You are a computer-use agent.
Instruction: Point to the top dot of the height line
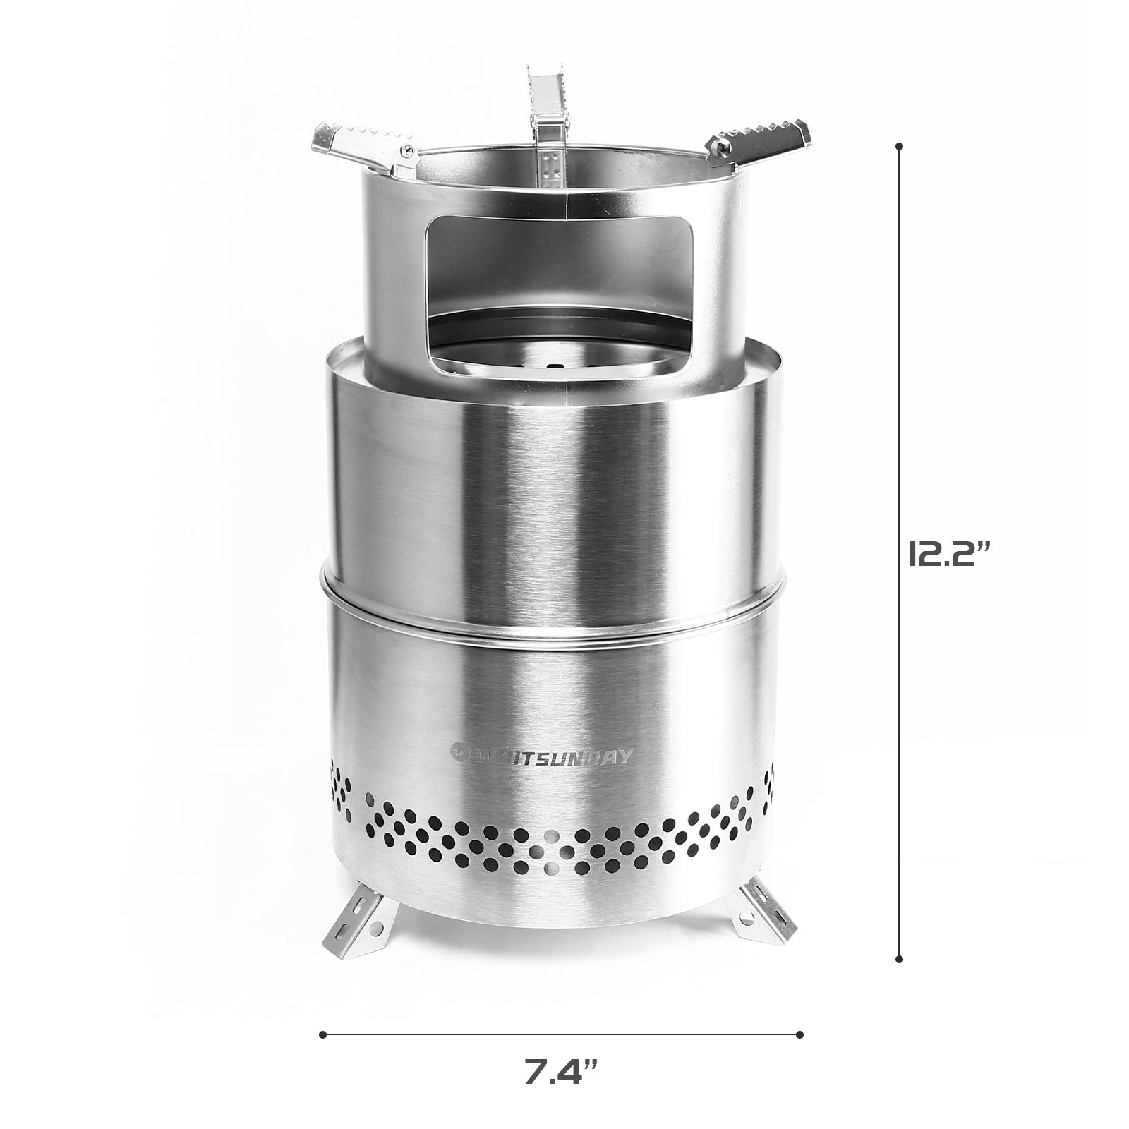(899, 147)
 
